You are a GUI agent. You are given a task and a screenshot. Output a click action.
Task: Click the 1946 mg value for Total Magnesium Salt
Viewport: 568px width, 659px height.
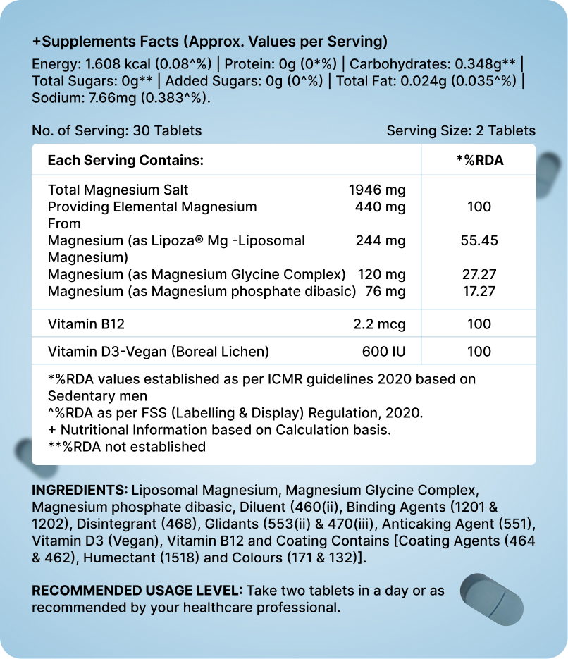click(x=377, y=190)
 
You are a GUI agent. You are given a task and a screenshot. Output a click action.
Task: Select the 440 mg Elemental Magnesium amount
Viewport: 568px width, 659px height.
click(x=381, y=207)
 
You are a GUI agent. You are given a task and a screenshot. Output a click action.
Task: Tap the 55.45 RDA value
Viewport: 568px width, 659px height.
click(x=479, y=240)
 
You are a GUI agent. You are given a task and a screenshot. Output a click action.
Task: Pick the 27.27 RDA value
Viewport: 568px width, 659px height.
click(x=479, y=274)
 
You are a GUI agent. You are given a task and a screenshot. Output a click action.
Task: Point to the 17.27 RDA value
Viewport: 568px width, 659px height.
click(x=479, y=291)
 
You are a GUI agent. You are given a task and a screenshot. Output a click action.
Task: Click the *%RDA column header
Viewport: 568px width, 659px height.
click(x=480, y=161)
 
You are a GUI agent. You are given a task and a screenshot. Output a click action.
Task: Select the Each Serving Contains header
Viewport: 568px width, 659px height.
click(x=125, y=161)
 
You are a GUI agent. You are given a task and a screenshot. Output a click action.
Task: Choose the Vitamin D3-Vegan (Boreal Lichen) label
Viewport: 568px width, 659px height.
click(x=159, y=351)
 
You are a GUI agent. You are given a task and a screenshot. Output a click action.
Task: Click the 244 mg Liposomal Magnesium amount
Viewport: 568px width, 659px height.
click(x=381, y=240)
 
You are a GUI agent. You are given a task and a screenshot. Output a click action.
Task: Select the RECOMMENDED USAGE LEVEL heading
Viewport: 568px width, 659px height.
click(x=137, y=590)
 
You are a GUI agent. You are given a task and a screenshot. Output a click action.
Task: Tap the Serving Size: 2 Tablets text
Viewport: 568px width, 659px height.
click(x=461, y=130)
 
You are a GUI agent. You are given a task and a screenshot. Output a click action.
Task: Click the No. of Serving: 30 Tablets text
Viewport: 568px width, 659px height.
click(x=117, y=130)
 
